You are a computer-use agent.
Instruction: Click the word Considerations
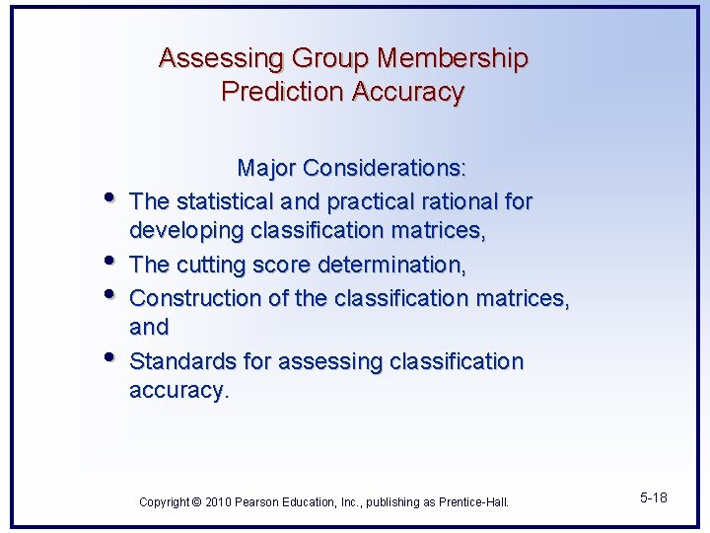[x=390, y=169]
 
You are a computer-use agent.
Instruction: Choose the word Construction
[x=190, y=298]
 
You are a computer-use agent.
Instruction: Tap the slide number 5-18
[x=653, y=497]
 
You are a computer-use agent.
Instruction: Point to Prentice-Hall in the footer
[x=472, y=502]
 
